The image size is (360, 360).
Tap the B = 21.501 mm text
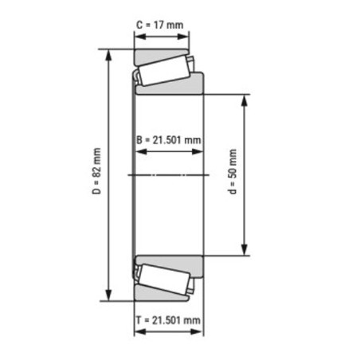point(168,140)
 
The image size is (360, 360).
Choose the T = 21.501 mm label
point(168,319)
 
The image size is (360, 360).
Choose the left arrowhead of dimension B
point(138,151)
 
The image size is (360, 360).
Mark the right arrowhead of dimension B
point(200,151)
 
